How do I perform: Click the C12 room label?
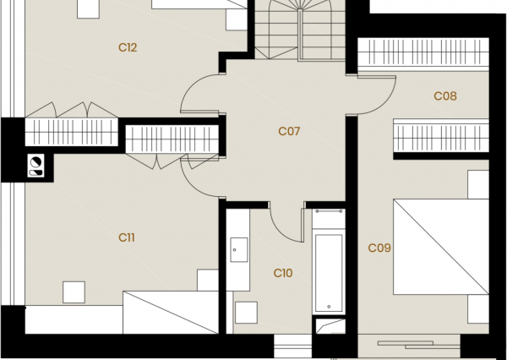coord(128,47)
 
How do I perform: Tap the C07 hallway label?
coord(289,131)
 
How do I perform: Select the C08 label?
coord(445,96)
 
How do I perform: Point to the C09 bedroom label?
coord(379,248)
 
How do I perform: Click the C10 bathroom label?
coord(283,273)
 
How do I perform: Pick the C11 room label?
coord(127,237)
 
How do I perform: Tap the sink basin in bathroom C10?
coord(239,249)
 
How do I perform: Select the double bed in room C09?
coord(441,247)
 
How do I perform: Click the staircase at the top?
coord(300,30)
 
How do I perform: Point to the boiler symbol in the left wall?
coord(35,166)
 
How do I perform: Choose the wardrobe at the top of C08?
coord(423,52)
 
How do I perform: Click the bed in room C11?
coord(171,313)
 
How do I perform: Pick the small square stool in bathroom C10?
coord(246,313)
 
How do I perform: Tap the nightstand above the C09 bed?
coord(478,185)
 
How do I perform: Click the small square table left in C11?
coord(74,292)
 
